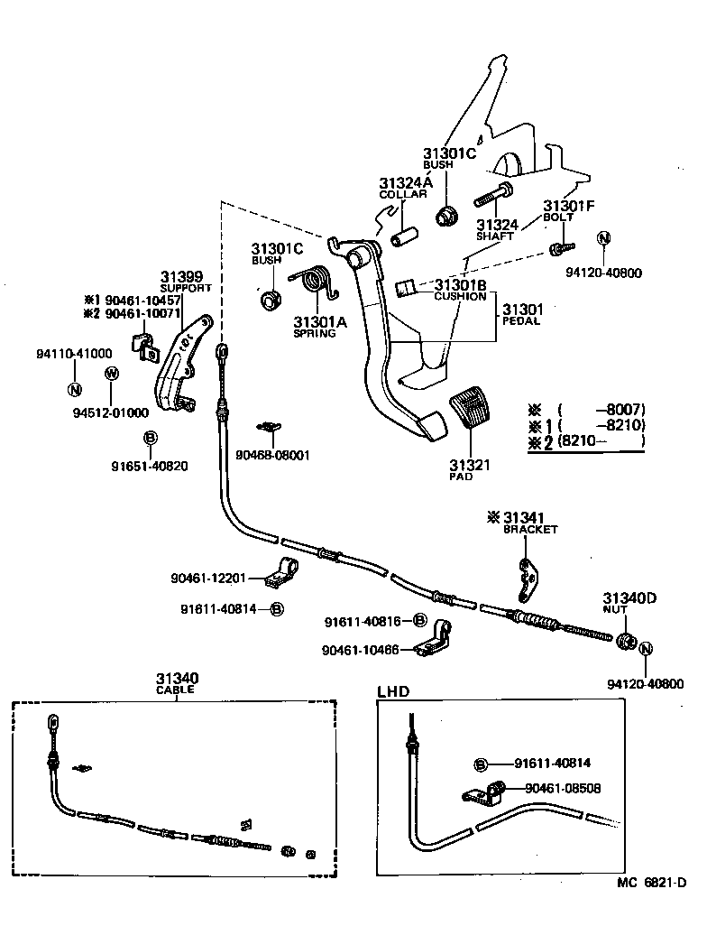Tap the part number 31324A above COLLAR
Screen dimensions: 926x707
pyautogui.click(x=405, y=181)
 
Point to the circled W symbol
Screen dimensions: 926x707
pyautogui.click(x=111, y=374)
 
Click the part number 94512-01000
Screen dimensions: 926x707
pyautogui.click(x=110, y=412)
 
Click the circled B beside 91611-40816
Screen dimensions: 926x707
pyautogui.click(x=420, y=621)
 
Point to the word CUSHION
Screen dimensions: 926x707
pyautogui.click(x=460, y=296)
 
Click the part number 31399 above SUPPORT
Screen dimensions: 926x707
pyautogui.click(x=181, y=276)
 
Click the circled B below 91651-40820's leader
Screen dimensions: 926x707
pyautogui.click(x=150, y=438)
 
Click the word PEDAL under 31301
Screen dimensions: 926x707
pyautogui.click(x=520, y=321)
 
